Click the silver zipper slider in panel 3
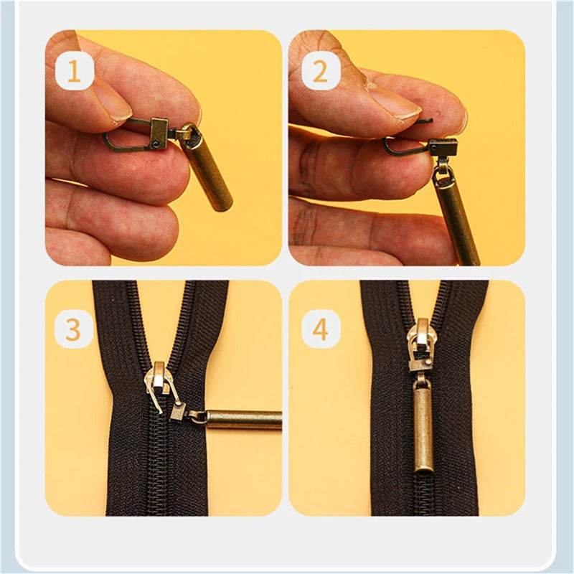(x=160, y=380)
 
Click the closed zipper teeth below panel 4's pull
(x=423, y=495)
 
